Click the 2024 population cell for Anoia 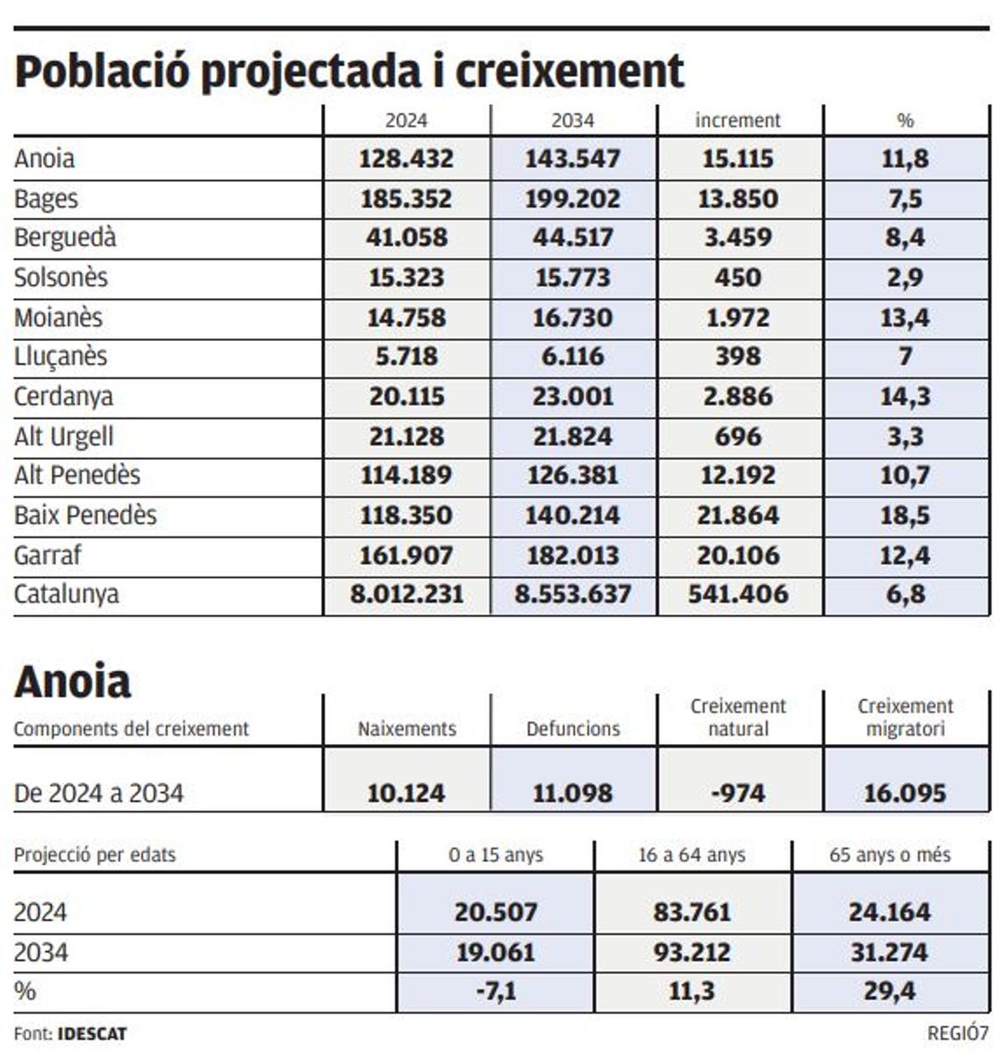406,158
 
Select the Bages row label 46,199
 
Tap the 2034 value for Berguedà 573,238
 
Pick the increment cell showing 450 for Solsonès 738,277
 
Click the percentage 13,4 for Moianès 905,318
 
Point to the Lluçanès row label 60,356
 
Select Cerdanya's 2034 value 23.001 573,396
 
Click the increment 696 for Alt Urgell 738,437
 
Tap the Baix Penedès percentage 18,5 905,515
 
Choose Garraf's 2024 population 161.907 406,555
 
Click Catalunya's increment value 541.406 738,594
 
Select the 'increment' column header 738,121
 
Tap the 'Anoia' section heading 72,681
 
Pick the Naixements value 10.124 406,793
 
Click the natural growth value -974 738,793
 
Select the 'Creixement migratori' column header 905,717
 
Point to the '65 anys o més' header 889,855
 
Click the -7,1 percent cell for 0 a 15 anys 495,992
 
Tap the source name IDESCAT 92,1034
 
